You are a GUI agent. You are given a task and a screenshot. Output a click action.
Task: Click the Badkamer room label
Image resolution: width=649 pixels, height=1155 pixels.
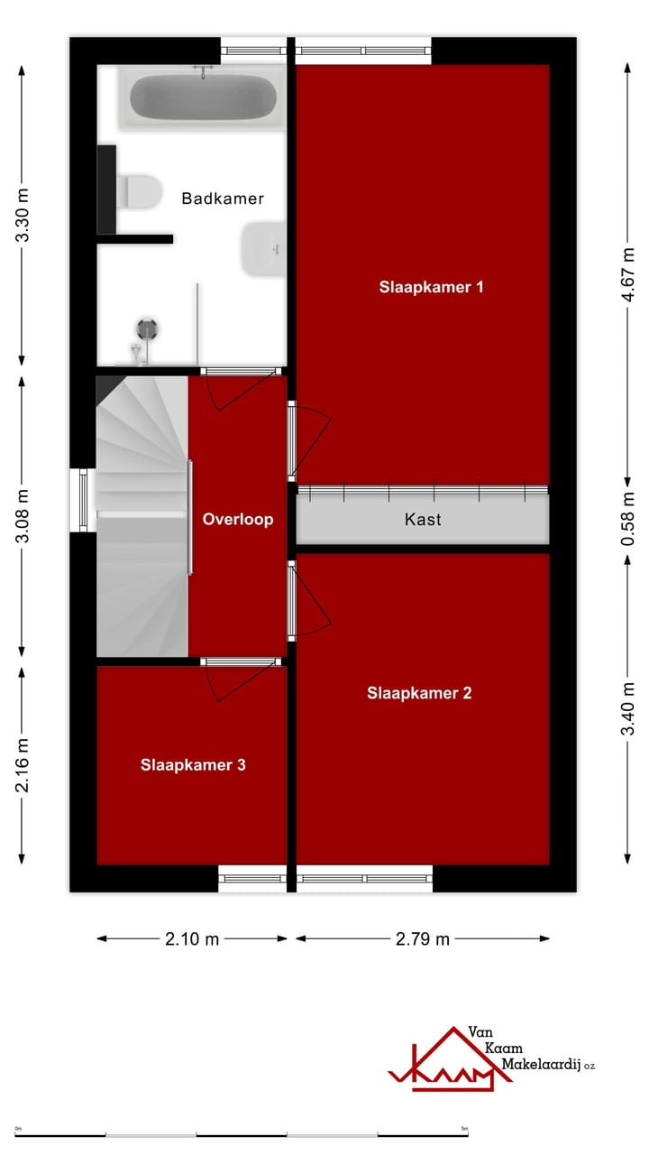[x=223, y=199]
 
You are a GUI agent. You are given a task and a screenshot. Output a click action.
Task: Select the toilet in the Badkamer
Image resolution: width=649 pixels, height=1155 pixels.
[x=141, y=190]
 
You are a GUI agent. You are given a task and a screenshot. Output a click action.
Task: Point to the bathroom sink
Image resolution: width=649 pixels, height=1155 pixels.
[x=263, y=247]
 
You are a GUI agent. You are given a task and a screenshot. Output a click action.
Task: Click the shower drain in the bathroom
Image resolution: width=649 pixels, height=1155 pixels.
[x=147, y=328]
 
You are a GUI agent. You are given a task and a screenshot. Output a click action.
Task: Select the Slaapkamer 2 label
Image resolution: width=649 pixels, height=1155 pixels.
[x=419, y=693]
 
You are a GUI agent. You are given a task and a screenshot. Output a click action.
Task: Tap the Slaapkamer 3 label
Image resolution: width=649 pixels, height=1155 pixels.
[x=193, y=764]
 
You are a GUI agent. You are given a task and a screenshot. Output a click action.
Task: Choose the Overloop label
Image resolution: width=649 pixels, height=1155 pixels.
[x=237, y=519]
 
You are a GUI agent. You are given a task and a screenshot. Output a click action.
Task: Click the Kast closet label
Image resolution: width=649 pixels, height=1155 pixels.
[x=423, y=520]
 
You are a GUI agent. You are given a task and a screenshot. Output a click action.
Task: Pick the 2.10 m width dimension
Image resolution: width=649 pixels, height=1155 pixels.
[x=192, y=938]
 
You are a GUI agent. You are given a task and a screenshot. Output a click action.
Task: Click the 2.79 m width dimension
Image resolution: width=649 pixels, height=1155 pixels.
[x=422, y=938]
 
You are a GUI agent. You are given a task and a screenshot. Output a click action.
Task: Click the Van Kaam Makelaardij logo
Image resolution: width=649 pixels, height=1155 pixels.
[x=491, y=1058]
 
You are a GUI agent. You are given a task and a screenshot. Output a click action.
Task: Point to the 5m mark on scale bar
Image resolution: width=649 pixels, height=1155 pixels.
[x=465, y=1129]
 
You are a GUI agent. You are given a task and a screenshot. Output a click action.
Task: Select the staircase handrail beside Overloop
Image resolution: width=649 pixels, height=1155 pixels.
[x=190, y=517]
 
